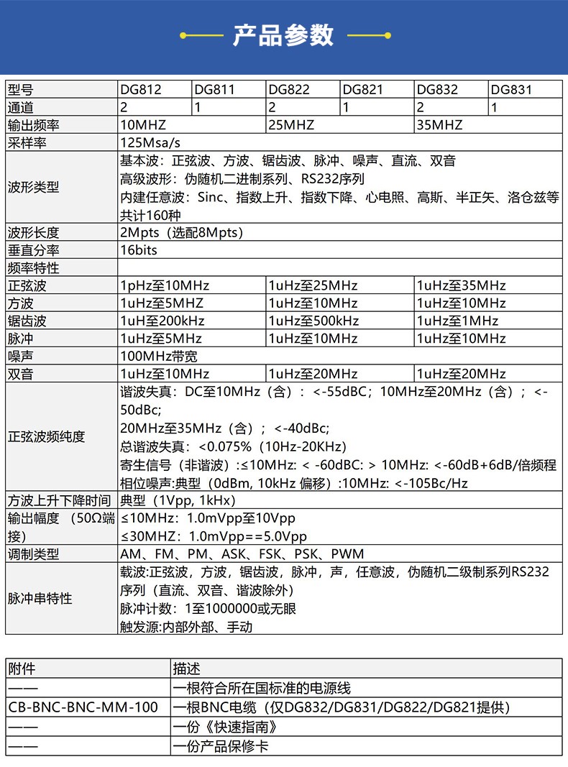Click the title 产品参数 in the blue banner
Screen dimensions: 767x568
tap(283, 35)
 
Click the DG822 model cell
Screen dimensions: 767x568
tap(289, 90)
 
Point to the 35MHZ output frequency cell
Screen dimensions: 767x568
tap(439, 125)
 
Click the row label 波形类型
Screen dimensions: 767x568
tap(34, 188)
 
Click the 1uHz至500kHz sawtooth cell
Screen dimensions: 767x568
tap(313, 321)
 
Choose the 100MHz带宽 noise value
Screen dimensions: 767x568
tap(159, 356)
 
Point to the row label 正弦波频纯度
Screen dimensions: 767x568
tap(47, 436)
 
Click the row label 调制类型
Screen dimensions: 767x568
tap(34, 554)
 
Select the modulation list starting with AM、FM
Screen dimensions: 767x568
tap(242, 554)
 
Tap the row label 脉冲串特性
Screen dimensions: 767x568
tap(40, 598)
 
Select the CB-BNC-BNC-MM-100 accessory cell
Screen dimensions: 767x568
tap(83, 707)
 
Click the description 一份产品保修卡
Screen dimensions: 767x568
tap(221, 746)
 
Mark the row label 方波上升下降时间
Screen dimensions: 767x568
tap(60, 500)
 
